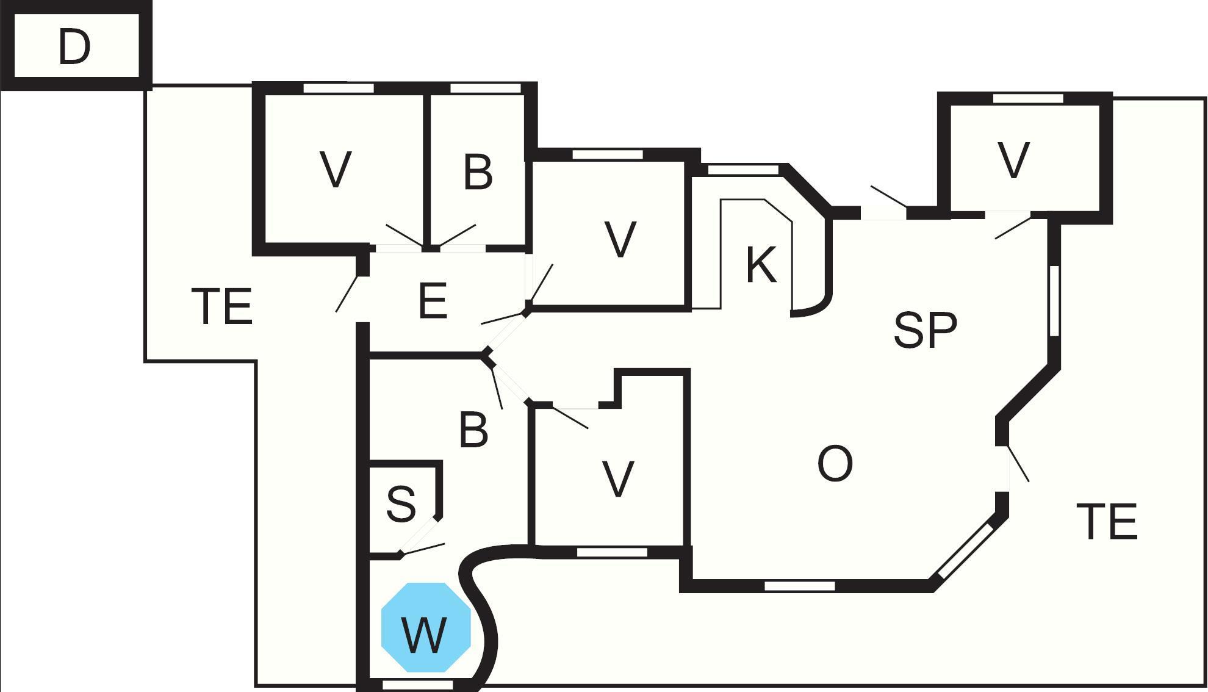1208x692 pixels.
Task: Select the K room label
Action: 761,265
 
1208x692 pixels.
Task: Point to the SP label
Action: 925,330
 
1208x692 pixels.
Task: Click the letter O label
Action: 835,464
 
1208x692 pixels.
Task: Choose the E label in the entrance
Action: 433,301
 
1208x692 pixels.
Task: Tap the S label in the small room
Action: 401,504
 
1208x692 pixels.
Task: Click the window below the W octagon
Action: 417,685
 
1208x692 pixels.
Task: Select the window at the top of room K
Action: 743,169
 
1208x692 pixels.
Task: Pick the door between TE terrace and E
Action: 349,293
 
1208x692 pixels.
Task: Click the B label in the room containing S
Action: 473,430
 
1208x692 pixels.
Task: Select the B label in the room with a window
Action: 478,173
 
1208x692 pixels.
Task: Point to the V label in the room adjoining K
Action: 620,240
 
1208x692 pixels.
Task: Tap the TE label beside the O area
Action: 1107,522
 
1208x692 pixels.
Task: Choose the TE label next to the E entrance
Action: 222,306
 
